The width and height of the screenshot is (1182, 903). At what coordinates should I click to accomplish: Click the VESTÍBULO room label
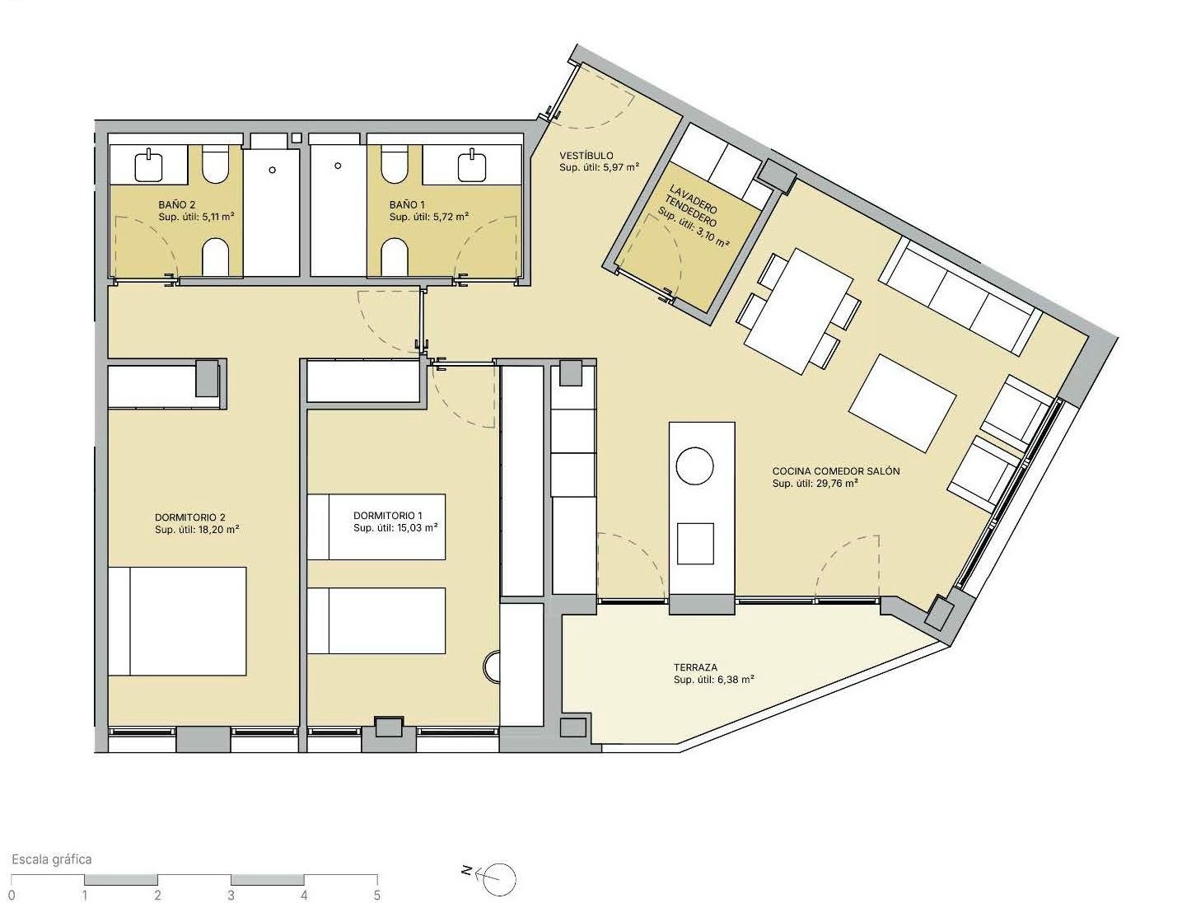coord(586,157)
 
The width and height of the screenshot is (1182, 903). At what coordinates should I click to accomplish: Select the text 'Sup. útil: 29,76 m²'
coord(815,484)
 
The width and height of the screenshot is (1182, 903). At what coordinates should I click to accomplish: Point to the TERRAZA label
coord(695,667)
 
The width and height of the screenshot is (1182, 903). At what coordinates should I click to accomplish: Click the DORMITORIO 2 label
coord(190,517)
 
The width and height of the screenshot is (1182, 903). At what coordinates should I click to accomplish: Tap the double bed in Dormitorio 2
coord(177,621)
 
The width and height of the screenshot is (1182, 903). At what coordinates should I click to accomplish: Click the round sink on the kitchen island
coord(694,466)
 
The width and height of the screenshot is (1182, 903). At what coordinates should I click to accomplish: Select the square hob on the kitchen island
coord(695,544)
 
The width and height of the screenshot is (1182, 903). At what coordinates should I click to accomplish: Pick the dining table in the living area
coord(799,311)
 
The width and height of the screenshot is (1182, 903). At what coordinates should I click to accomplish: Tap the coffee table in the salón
coord(902,403)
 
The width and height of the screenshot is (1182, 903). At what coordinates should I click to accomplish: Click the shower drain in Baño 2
coord(273,171)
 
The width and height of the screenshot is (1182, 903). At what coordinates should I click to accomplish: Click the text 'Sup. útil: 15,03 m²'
coord(395,528)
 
